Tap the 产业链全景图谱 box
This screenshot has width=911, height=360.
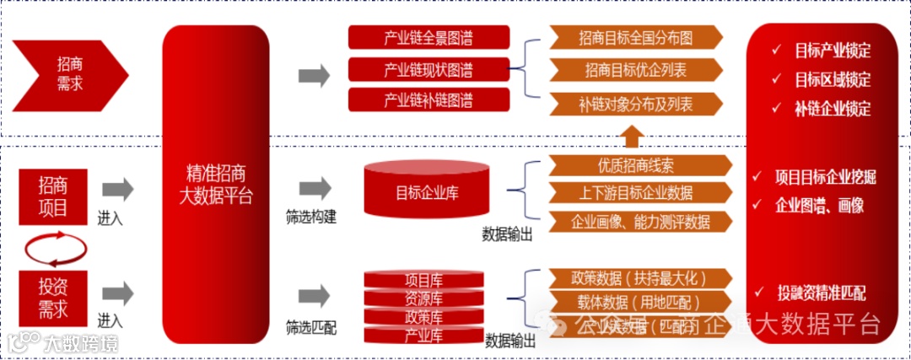pyautogui.click(x=429, y=37)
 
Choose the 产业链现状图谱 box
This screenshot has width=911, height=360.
pyautogui.click(x=429, y=69)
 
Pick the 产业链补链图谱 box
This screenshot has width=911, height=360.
pyautogui.click(x=429, y=100)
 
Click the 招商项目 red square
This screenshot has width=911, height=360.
pyautogui.click(x=54, y=196)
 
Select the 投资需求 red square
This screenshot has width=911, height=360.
pyautogui.click(x=54, y=298)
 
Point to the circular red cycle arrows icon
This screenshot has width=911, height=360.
pyautogui.click(x=55, y=245)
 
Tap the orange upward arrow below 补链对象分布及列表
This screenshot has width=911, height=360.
pyautogui.click(x=632, y=136)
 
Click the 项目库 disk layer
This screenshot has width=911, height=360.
pyautogui.click(x=423, y=279)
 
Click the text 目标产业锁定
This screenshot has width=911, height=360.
pyautogui.click(x=832, y=51)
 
